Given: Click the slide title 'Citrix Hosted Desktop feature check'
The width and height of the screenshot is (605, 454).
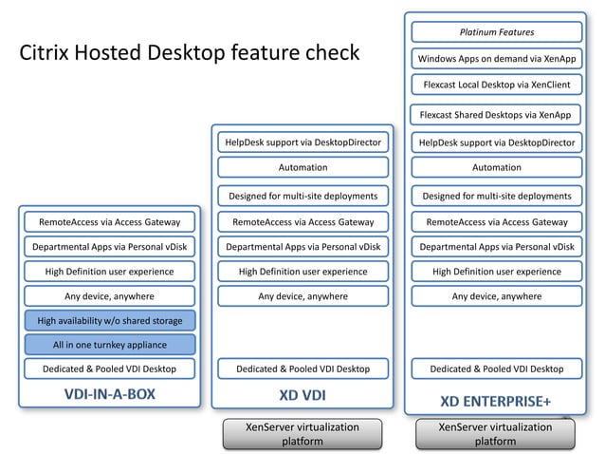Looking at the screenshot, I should coord(190,51).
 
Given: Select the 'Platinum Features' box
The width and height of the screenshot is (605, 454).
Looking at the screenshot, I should coord(497,32).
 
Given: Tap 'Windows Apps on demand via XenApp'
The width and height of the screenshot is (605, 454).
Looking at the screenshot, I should coord(497,59).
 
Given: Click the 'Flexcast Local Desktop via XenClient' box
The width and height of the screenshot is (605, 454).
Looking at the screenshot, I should coord(497,85).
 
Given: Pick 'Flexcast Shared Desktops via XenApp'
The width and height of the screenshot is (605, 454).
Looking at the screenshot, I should coord(497,115).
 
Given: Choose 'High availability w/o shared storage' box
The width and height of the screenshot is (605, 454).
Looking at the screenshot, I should coord(109,321).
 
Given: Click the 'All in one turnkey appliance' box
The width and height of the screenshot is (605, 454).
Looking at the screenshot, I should coord(109,345).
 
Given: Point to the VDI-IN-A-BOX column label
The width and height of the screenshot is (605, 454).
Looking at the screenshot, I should coord(109,391).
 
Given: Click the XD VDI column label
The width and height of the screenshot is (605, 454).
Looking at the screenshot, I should coord(302,391).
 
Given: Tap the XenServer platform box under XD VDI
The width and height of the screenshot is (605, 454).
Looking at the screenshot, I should coord(302,434).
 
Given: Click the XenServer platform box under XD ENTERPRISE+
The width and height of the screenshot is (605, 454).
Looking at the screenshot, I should coord(497,434).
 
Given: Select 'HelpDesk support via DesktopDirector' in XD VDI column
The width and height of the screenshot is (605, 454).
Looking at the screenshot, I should coord(302,142).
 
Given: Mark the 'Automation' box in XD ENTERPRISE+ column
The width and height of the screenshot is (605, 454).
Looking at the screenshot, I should coord(497,167).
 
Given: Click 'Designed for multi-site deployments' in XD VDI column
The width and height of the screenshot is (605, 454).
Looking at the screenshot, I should coord(302,197).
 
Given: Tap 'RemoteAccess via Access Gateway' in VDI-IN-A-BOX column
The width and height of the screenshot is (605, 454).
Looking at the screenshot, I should coord(109,222).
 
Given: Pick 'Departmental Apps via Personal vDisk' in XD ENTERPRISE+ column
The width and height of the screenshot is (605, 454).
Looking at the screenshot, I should coord(497,247).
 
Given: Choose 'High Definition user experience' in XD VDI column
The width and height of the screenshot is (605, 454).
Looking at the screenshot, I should coord(302,272).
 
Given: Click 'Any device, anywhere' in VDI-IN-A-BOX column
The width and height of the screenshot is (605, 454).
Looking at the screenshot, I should coord(109,296).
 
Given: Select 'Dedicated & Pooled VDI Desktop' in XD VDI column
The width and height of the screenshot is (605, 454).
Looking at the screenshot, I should coord(302,369).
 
